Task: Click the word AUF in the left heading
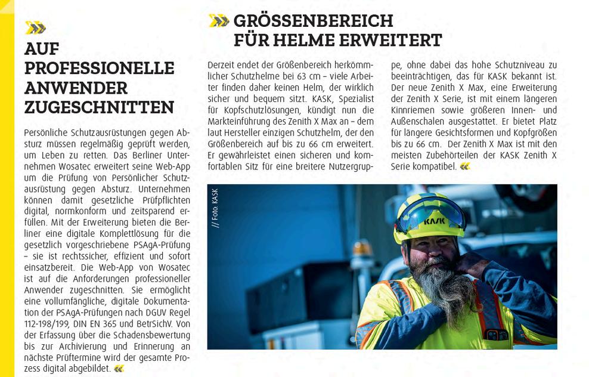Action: coord(42,49)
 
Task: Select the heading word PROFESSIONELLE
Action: coord(99,68)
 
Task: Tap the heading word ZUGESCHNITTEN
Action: coord(99,107)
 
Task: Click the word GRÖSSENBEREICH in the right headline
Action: coord(313,21)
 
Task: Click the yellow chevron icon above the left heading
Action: coord(35,27)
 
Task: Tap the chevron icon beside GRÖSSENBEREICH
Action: coord(219,21)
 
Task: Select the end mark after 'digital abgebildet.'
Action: coord(119,369)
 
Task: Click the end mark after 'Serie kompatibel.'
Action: coord(465,166)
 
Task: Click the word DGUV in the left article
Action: coord(141,313)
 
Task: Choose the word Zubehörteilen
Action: coord(450,155)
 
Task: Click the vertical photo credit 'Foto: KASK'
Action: coord(215,208)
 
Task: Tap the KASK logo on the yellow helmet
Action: coord(434,221)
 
